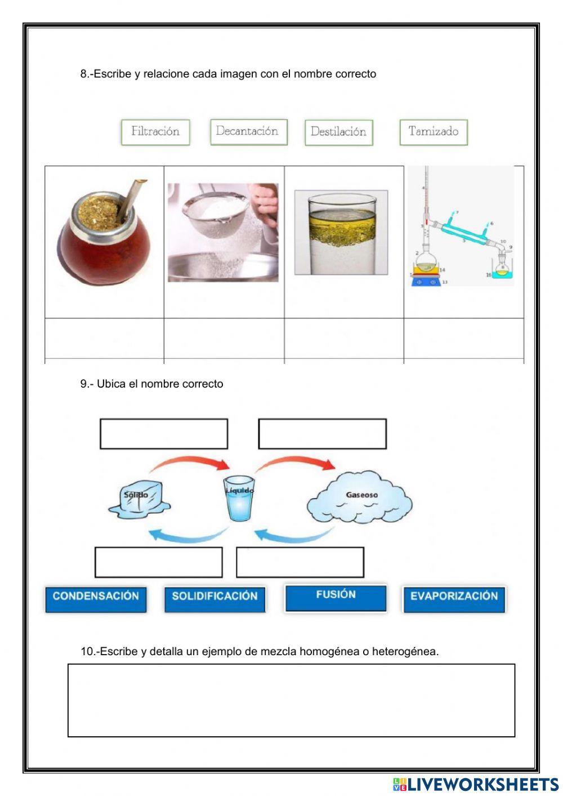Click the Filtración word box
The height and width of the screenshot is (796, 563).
click(155, 132)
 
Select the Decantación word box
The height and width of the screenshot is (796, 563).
click(248, 132)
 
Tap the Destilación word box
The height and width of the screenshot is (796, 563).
click(338, 132)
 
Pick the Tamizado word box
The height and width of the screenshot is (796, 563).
click(434, 132)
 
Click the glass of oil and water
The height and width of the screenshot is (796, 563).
click(341, 232)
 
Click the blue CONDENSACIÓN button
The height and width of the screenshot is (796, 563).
click(96, 598)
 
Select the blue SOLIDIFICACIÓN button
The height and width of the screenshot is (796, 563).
click(215, 598)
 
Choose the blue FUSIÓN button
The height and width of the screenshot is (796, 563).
click(336, 597)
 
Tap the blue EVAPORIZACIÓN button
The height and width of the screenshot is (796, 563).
click(454, 598)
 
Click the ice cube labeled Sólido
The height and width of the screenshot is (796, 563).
click(138, 499)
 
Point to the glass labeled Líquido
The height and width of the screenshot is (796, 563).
click(239, 499)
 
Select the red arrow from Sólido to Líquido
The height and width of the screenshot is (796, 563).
click(191, 463)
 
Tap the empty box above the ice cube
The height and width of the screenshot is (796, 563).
click(164, 434)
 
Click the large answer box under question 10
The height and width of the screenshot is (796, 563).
click(291, 700)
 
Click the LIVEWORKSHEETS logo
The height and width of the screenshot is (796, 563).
click(476, 784)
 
